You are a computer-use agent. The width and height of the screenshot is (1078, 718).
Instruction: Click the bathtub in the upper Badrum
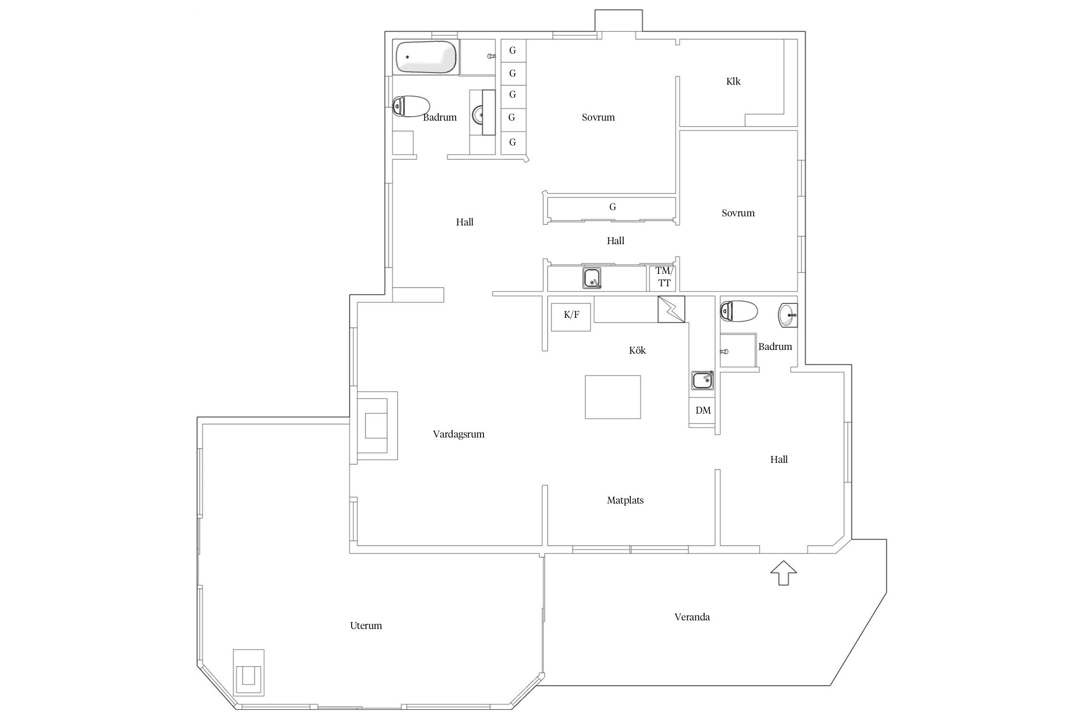click(x=425, y=57)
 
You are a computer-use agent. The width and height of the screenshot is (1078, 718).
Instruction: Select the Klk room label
click(x=733, y=81)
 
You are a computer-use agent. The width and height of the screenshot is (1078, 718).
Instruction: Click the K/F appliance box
click(x=571, y=317)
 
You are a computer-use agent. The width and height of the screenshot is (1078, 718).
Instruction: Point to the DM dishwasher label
click(x=703, y=410)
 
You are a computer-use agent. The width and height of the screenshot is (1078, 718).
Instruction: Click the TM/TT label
click(x=664, y=277)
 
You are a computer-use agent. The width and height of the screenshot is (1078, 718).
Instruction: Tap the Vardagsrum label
click(x=459, y=434)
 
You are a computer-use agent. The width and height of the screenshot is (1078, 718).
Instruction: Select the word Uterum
click(x=366, y=626)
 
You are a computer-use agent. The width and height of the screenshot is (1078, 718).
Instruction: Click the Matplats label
click(x=625, y=500)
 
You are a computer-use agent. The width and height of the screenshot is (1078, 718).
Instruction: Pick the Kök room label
click(x=637, y=350)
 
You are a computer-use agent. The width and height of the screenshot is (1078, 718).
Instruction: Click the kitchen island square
click(x=613, y=397)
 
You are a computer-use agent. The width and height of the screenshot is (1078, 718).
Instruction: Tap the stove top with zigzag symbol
click(x=671, y=309)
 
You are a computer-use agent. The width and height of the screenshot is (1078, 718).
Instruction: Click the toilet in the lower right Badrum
click(x=738, y=311)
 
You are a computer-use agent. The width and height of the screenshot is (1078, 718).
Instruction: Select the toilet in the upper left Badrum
click(x=411, y=106)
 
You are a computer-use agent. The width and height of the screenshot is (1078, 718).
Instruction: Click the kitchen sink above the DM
click(x=702, y=381)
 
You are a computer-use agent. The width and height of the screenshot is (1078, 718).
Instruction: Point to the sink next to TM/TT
click(x=592, y=278)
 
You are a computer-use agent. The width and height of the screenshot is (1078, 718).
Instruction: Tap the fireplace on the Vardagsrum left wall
click(x=377, y=426)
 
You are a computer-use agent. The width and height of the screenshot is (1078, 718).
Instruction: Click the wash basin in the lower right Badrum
click(x=788, y=315)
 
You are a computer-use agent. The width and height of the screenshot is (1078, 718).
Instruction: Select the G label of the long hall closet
click(x=612, y=207)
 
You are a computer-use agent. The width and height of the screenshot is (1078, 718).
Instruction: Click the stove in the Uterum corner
click(x=248, y=673)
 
